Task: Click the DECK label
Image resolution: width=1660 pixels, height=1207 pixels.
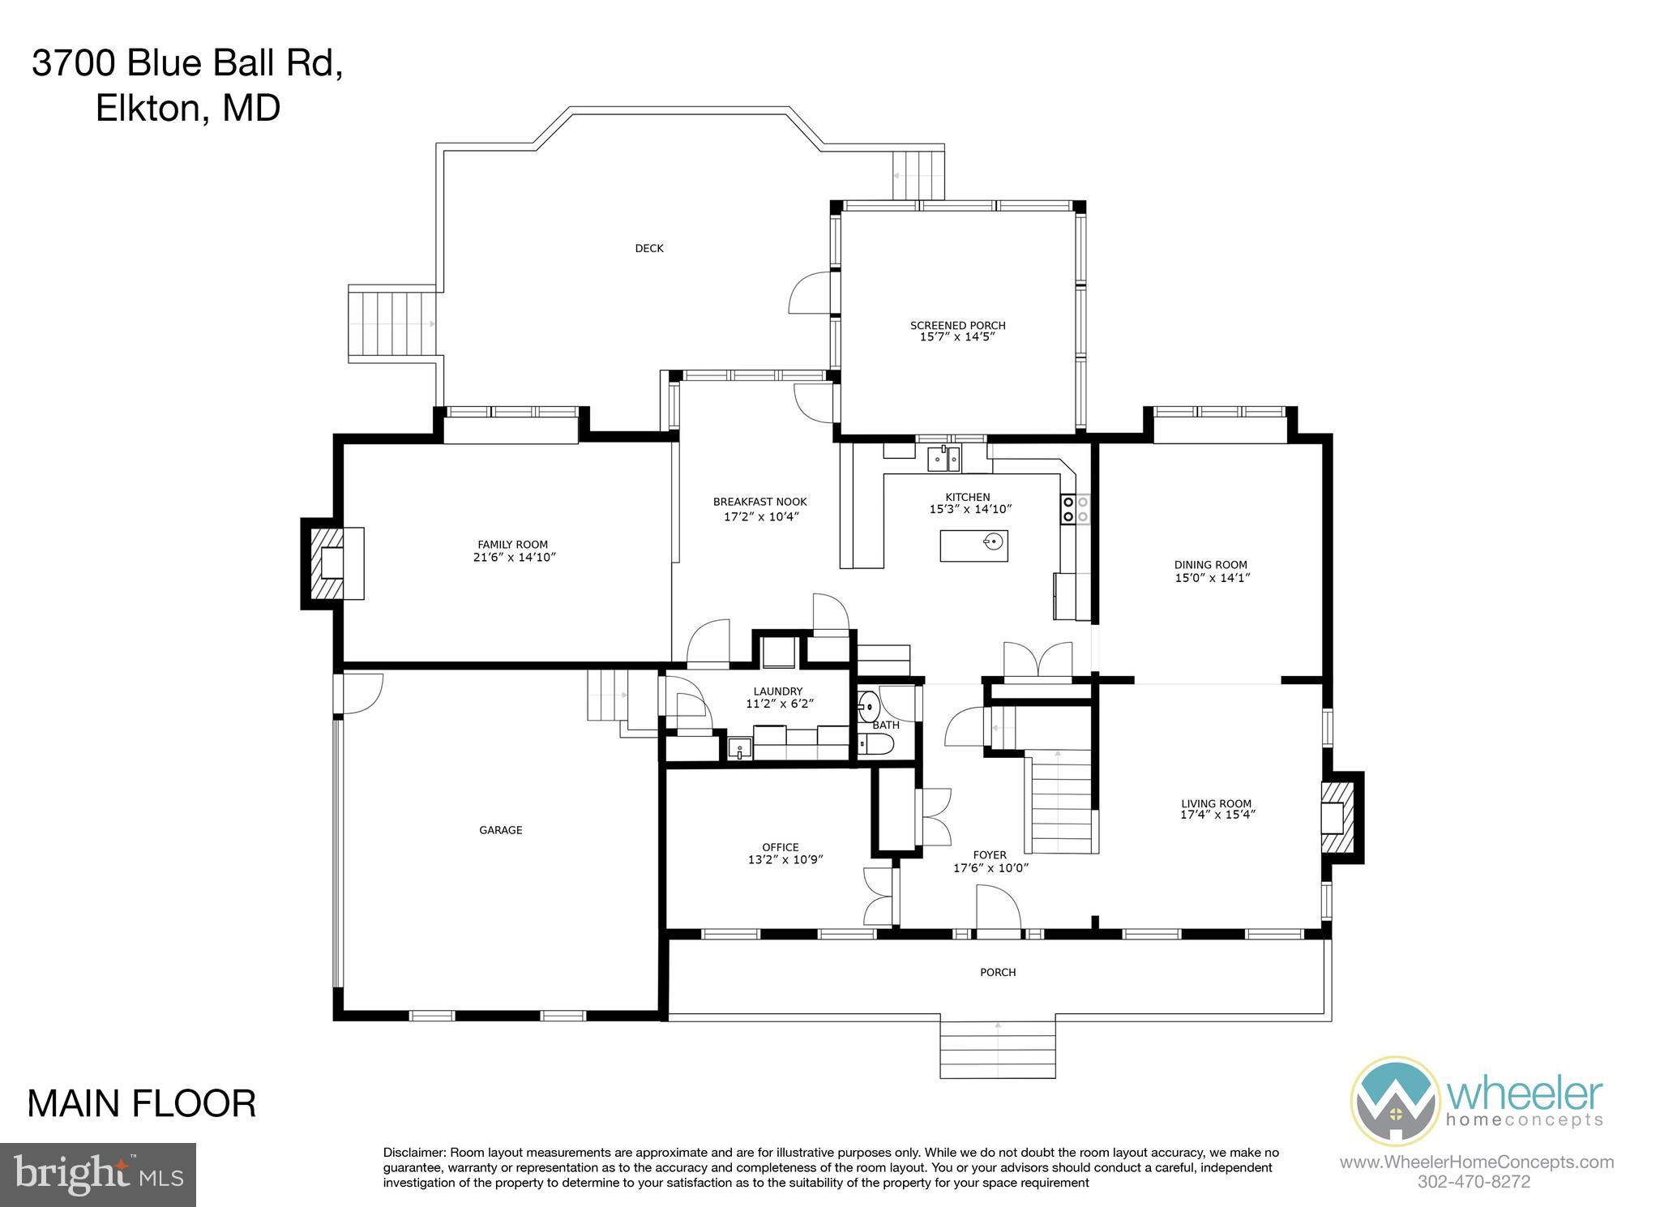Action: tap(648, 248)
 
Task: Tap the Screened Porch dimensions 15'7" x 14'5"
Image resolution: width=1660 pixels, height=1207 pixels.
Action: tap(957, 337)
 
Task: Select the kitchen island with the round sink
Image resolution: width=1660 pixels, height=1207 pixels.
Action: tap(973, 545)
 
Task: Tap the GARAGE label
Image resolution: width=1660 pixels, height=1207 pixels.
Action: tap(500, 830)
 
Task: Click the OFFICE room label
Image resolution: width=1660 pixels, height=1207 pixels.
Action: tap(780, 847)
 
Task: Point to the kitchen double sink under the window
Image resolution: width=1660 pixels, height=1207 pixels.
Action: tap(943, 460)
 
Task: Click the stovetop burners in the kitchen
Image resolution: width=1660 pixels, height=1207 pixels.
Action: tap(1075, 508)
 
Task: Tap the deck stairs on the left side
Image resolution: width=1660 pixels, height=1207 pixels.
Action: tap(393, 323)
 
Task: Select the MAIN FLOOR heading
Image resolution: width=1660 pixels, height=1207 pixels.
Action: tap(142, 1104)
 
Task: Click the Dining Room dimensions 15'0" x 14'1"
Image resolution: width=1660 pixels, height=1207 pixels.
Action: tap(1210, 578)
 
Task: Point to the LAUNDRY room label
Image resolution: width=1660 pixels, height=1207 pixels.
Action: tap(777, 691)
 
